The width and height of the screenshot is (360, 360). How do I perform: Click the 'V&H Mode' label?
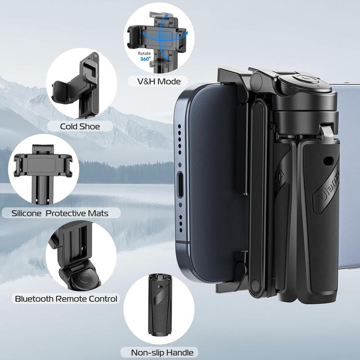pos(154,81)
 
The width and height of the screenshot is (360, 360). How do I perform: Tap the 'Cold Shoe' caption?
pos(80,126)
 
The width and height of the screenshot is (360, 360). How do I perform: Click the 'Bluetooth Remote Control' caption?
pos(66,298)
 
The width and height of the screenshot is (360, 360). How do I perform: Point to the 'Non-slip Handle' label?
pos(156,352)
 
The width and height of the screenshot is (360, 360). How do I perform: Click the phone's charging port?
pos(181,184)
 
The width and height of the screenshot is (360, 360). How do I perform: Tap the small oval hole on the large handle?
pos(327,160)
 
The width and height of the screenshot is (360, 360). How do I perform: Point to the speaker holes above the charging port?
pos(180,144)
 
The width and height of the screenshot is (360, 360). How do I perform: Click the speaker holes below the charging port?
pos(180,220)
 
